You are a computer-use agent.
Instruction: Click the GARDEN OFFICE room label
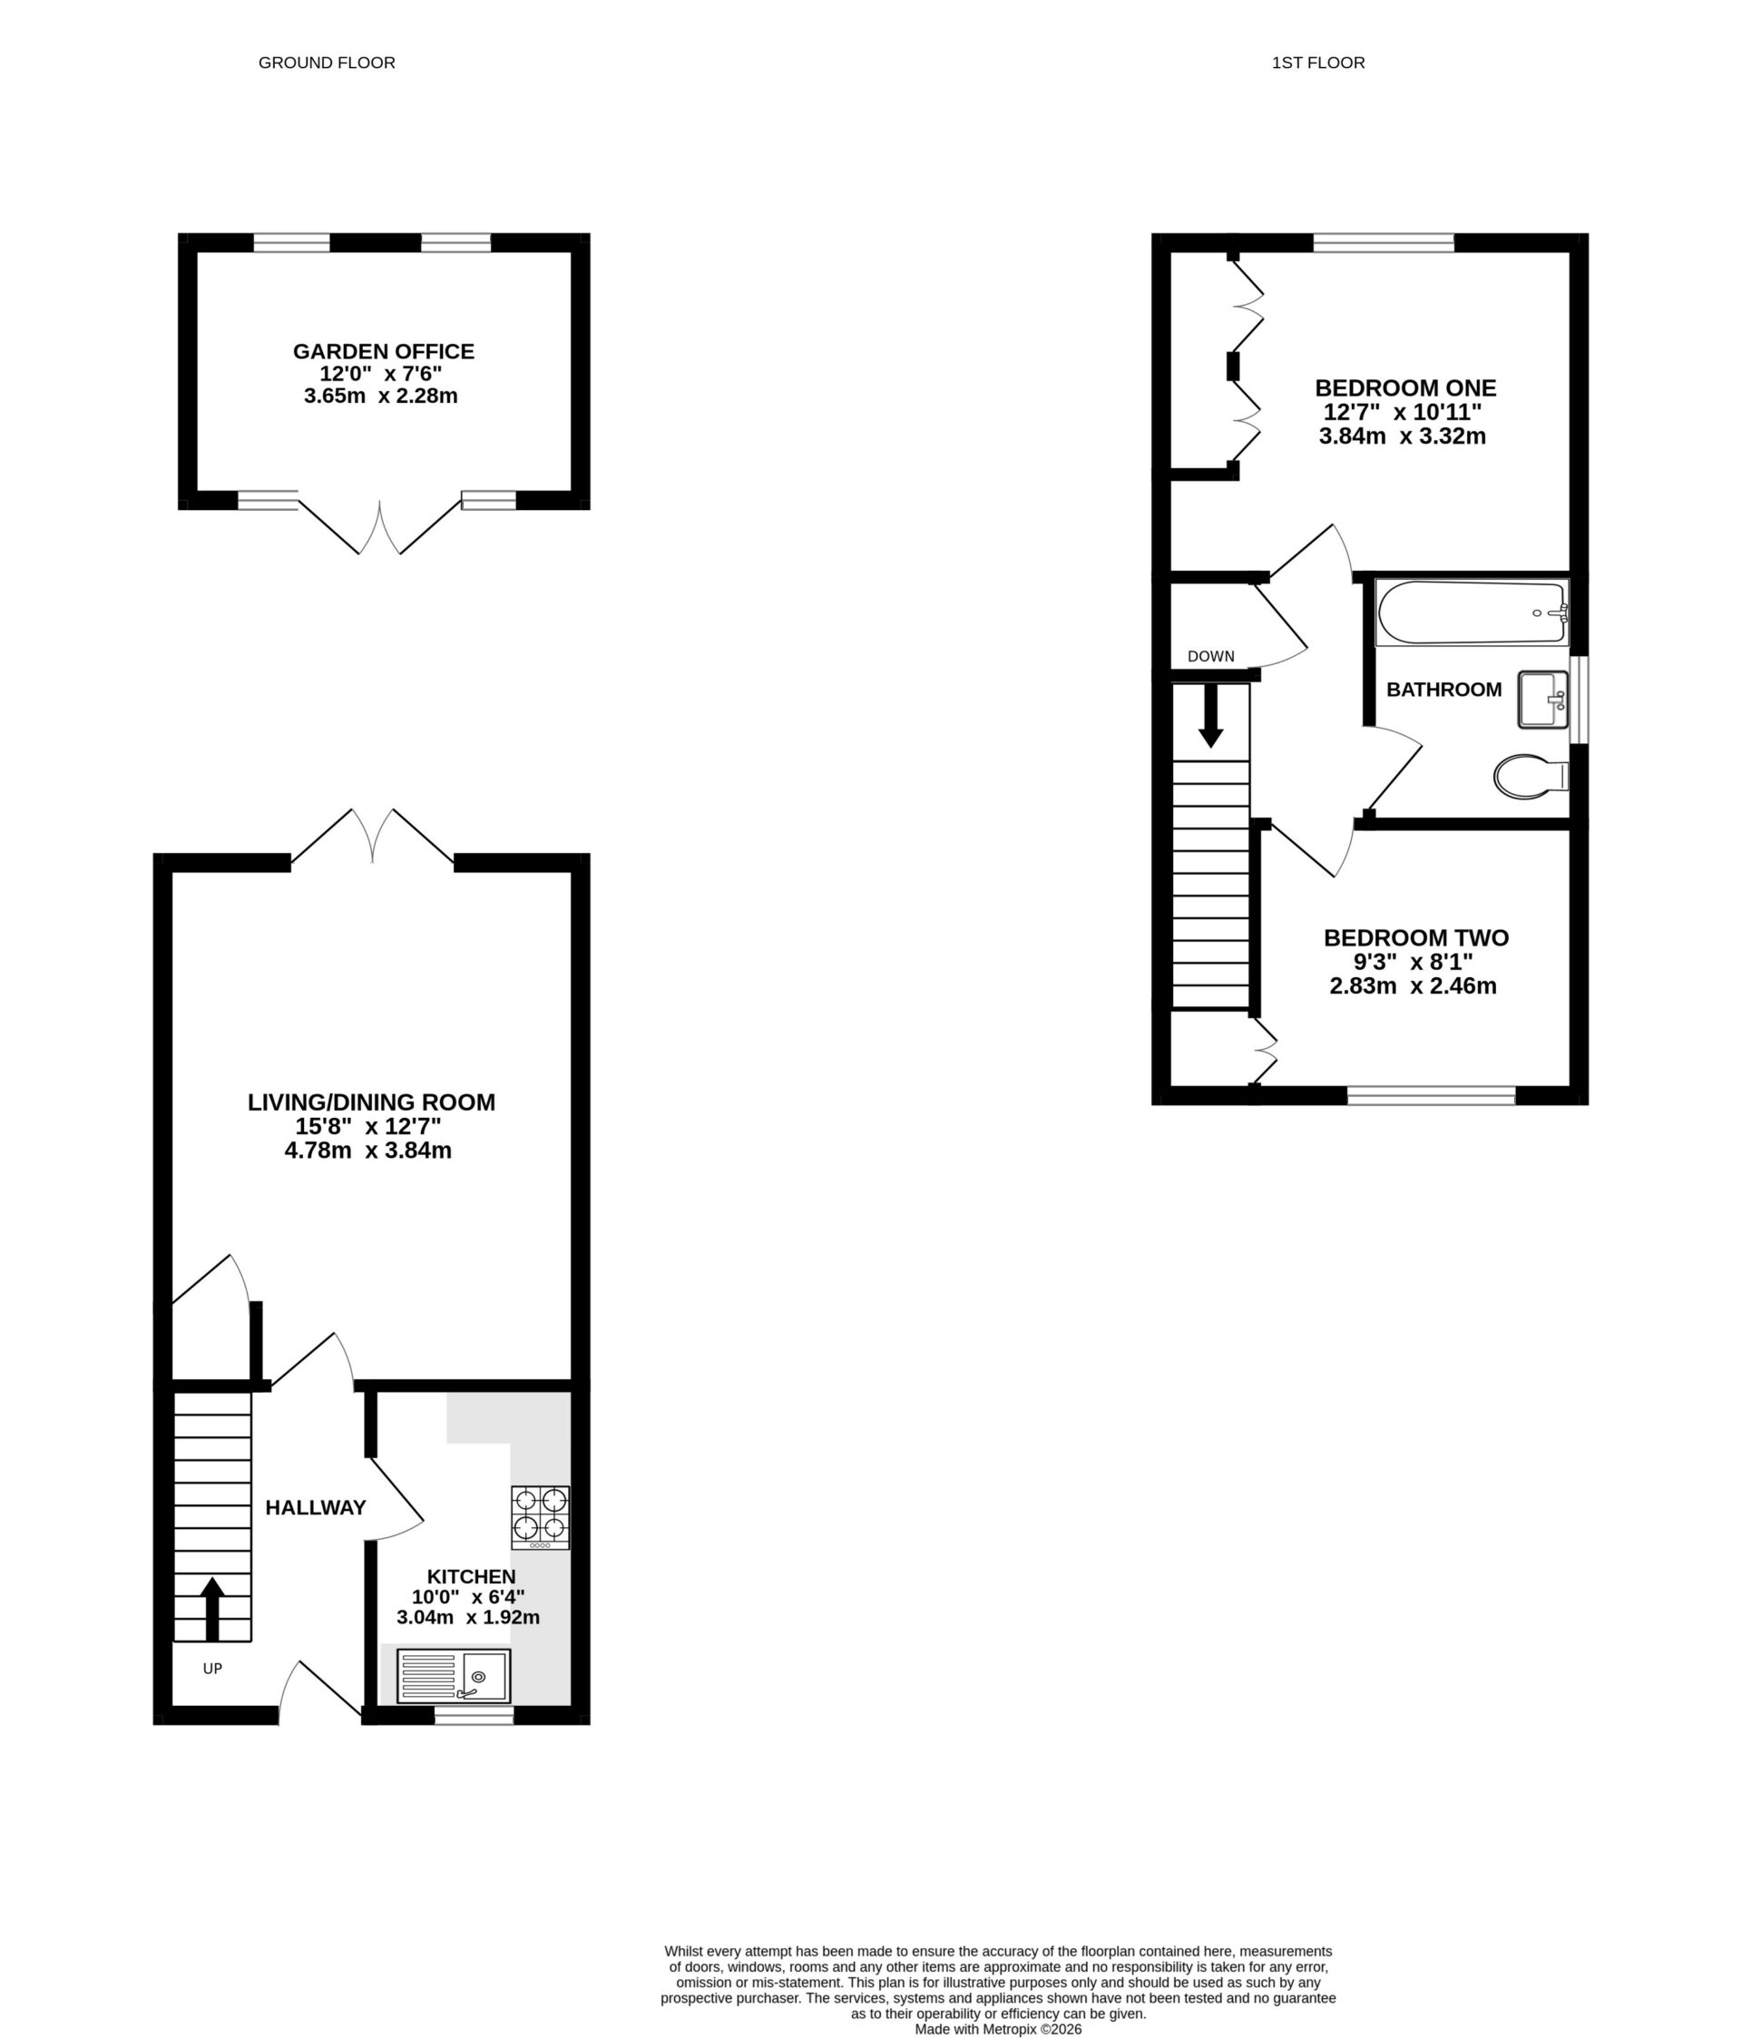click(x=383, y=351)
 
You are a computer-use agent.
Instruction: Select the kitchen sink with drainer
click(x=454, y=1675)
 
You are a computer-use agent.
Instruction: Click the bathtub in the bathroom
click(x=1470, y=612)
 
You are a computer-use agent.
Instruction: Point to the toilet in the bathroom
click(x=1529, y=776)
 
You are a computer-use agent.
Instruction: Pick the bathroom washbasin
click(x=1541, y=700)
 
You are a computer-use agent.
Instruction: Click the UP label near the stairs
click(x=212, y=1668)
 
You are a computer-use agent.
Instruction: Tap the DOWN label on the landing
click(x=1209, y=656)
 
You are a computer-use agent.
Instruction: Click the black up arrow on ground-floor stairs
click(x=212, y=1608)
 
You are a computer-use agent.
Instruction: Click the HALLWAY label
click(x=315, y=1508)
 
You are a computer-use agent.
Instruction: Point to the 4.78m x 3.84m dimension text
click(x=367, y=1151)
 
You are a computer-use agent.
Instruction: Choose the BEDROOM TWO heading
click(x=1415, y=938)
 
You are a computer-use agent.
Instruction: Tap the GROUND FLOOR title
click(x=327, y=63)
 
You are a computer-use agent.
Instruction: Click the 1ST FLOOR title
click(x=1317, y=63)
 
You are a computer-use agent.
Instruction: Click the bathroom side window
click(x=1578, y=700)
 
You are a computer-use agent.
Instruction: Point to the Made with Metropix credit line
click(x=997, y=2029)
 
